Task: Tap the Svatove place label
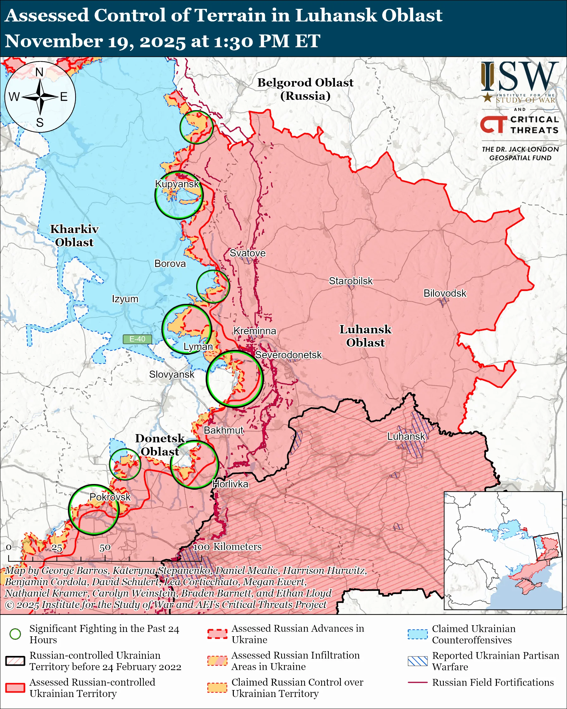point(247,253)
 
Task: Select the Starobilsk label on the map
point(351,281)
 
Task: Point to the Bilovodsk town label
point(444,293)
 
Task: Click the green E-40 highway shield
point(137,339)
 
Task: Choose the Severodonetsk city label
point(288,355)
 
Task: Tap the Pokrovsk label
point(110,497)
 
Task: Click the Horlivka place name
point(230,484)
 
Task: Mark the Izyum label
point(125,299)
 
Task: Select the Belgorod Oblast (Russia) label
point(305,89)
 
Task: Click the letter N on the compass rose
point(39,72)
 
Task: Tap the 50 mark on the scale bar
point(105,548)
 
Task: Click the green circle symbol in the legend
point(15,634)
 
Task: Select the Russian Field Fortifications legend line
point(418,683)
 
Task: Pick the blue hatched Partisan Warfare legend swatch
point(418,661)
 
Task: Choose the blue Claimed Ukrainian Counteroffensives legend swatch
point(418,634)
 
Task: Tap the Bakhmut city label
point(224,430)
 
